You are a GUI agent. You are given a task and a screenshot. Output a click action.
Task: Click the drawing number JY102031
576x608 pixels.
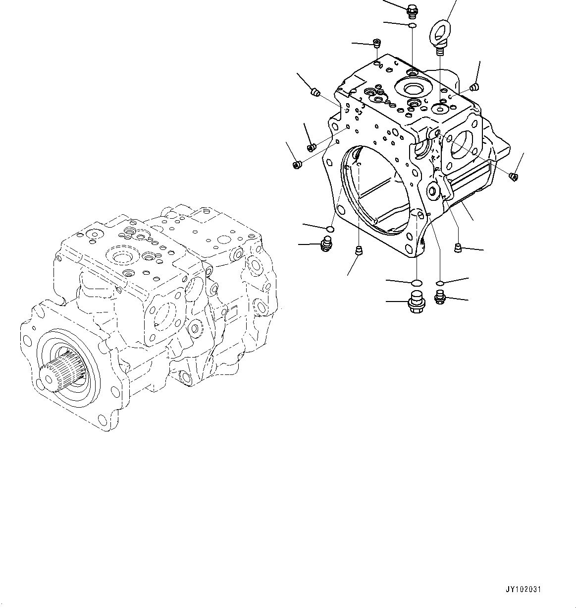pos(524,590)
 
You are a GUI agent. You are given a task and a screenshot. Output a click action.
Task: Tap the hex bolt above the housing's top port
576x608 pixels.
pos(412,9)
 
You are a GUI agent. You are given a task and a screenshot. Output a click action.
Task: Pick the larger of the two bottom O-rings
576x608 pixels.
pos(417,283)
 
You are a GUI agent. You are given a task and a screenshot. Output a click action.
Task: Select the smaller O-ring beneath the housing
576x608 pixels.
pos(439,283)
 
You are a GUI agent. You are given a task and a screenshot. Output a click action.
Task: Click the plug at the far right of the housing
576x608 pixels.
pos(514,176)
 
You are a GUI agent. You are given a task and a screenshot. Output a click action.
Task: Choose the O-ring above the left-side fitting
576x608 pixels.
pos(329,229)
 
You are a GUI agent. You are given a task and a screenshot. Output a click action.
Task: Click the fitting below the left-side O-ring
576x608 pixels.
pos(326,243)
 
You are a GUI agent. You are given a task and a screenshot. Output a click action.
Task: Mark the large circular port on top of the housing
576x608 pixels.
pos(412,89)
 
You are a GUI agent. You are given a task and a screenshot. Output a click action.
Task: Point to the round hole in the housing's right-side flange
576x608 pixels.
pos(461,144)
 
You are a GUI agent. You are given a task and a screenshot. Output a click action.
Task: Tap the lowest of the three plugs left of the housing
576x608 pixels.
pos(297,165)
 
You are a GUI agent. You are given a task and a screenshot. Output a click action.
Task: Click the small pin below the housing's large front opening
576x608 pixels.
pos(359,250)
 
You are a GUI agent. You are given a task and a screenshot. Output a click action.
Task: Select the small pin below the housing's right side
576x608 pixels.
pos(458,246)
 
